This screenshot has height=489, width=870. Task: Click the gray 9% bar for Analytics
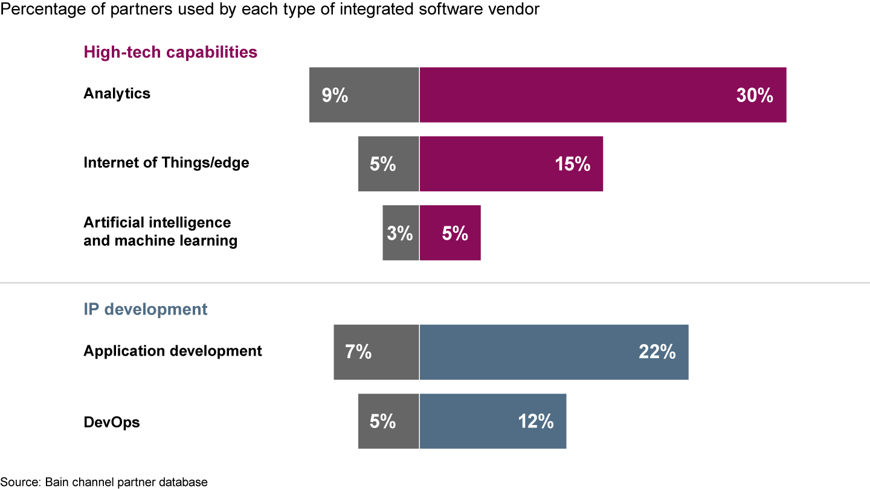point(364,95)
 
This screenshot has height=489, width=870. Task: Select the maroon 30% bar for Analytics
point(602,95)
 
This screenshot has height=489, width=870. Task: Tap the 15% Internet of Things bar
point(511,164)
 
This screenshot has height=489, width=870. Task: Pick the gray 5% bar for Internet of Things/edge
point(388,164)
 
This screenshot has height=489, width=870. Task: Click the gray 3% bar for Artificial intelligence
point(401,232)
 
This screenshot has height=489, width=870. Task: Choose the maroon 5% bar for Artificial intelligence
point(450,232)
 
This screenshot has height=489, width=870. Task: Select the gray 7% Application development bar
point(376,352)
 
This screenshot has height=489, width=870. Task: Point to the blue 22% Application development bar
point(553,352)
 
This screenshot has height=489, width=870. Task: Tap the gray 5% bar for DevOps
point(388,421)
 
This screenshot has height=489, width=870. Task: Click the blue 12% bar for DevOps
point(492,421)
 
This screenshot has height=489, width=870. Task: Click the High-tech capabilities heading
point(170,53)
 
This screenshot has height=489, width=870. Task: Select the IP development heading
point(145,310)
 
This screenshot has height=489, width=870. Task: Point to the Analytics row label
point(117,94)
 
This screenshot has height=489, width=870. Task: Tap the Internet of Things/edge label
point(166,163)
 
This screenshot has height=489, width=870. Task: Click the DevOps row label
point(112,422)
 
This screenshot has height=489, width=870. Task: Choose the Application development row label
point(173,351)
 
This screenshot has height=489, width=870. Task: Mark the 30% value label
point(755,95)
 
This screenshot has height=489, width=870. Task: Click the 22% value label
point(657,353)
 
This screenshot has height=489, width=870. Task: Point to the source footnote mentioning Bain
point(104,482)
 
